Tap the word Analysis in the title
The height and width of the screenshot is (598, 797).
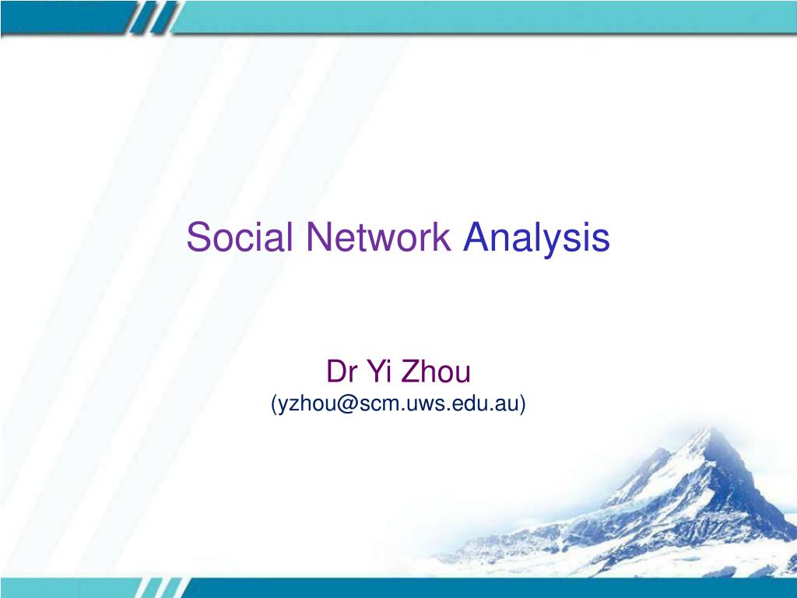coord(536,237)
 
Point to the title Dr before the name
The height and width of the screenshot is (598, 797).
coord(341,372)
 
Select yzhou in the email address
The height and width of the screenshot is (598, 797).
coord(306,404)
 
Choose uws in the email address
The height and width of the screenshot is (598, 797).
coord(421,403)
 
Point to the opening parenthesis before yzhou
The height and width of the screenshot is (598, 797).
coord(274,404)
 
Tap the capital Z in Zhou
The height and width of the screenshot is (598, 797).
coord(410,372)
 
